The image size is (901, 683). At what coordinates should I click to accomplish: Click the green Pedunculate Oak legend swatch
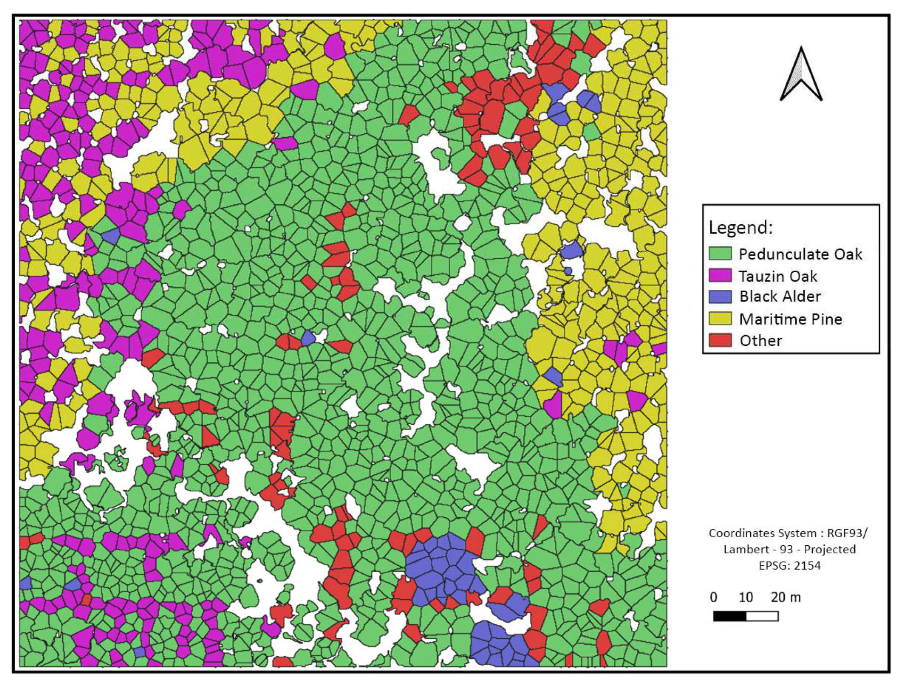(720, 253)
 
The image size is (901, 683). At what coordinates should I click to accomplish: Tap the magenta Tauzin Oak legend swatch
(720, 275)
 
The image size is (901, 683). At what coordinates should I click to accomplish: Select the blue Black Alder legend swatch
(720, 296)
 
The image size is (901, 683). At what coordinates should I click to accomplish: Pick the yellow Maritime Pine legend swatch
(720, 318)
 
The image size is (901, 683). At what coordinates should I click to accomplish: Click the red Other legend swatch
(720, 340)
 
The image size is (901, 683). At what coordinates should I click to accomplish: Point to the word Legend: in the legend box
(740, 228)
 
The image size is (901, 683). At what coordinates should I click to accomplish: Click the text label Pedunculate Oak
(800, 254)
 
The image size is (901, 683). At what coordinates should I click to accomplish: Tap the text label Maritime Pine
(791, 319)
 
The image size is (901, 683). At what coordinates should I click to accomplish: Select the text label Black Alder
(780, 296)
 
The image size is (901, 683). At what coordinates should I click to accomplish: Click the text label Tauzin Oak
(778, 276)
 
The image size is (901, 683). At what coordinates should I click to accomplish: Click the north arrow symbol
(801, 75)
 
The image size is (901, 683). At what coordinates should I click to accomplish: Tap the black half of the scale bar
(730, 616)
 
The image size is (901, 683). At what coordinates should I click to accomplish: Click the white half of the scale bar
(762, 616)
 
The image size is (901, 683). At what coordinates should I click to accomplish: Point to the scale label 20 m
(786, 597)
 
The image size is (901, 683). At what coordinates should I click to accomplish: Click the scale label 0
(713, 597)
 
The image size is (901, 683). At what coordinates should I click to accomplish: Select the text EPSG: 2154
(790, 565)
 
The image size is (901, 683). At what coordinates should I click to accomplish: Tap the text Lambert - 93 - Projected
(790, 549)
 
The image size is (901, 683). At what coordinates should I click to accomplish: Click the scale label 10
(746, 597)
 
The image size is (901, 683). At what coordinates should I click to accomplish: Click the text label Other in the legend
(760, 340)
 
